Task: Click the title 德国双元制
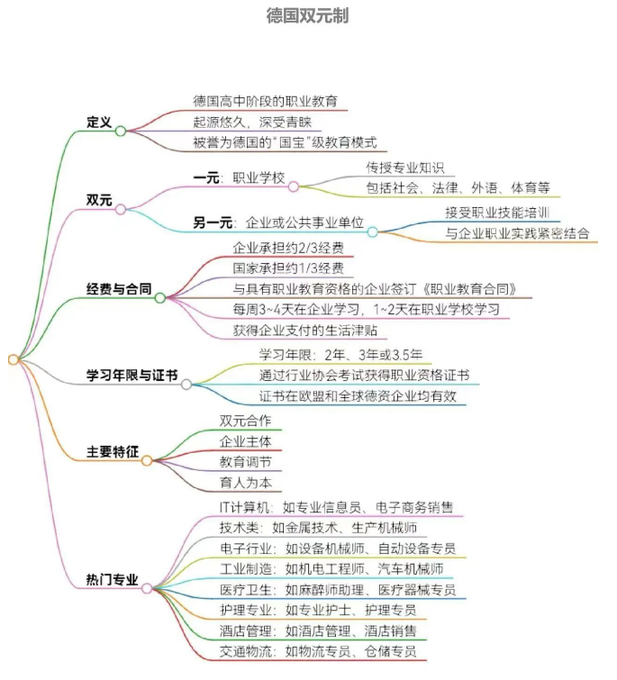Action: pyautogui.click(x=307, y=15)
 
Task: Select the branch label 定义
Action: pyautogui.click(x=99, y=122)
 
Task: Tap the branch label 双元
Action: pyautogui.click(x=99, y=200)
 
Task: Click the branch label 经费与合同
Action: pyautogui.click(x=119, y=288)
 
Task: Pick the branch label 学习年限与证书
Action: pyautogui.click(x=132, y=376)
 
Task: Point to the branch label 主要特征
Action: pyautogui.click(x=113, y=451)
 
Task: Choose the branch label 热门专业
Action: pyautogui.click(x=113, y=579)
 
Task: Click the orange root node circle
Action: pyautogui.click(x=14, y=359)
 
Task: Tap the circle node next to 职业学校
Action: pyautogui.click(x=294, y=187)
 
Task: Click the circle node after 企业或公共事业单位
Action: pyautogui.click(x=373, y=232)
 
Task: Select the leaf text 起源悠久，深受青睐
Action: pyautogui.click(x=252, y=122)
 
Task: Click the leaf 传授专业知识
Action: pyautogui.click(x=405, y=168)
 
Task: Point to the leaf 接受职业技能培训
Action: pyautogui.click(x=497, y=213)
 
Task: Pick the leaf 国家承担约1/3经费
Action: pyautogui.click(x=288, y=268)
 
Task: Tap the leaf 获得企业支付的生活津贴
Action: pyautogui.click(x=304, y=331)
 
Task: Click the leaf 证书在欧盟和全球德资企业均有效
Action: pyautogui.click(x=358, y=396)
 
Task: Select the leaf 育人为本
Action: pyautogui.click(x=246, y=483)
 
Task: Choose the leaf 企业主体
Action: pyautogui.click(x=246, y=441)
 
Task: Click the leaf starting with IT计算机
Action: pyautogui.click(x=337, y=507)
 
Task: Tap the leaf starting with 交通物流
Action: pyautogui.click(x=318, y=651)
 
